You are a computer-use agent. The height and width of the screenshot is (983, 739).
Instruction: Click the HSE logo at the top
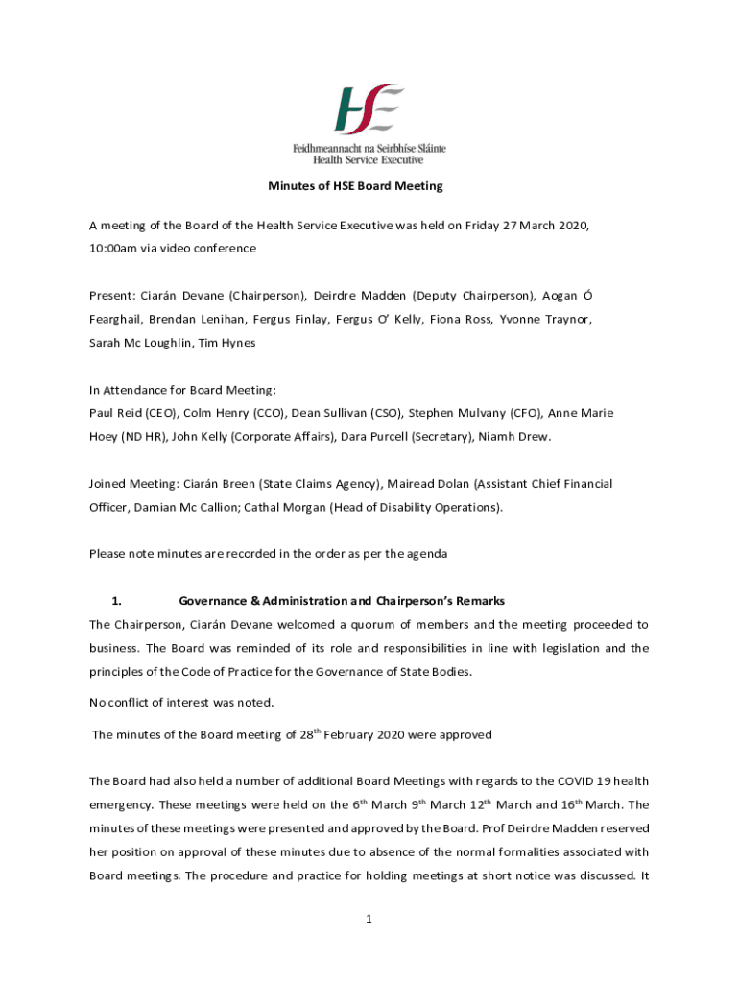click(369, 108)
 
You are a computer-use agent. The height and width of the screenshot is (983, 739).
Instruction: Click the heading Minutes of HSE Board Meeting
click(369, 186)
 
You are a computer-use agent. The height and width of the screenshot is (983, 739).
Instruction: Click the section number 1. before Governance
click(116, 601)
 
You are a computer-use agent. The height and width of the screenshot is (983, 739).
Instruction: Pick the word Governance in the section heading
click(212, 601)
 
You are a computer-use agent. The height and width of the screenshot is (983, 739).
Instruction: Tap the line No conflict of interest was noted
click(181, 702)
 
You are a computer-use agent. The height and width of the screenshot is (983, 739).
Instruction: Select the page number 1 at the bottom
click(369, 919)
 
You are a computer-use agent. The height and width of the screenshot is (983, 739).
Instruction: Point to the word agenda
click(426, 554)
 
